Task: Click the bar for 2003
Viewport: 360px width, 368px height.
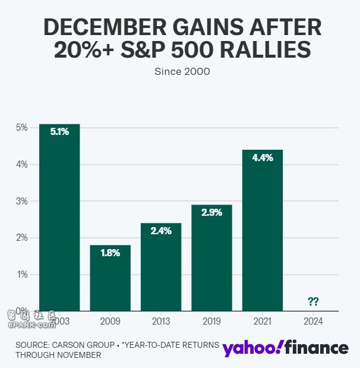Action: [59, 217]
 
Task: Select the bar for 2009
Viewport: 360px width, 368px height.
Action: [110, 278]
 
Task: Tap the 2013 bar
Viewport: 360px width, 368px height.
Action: [161, 267]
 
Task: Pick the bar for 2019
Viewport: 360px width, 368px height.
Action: [211, 257]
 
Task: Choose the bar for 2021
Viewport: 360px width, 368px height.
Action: [263, 230]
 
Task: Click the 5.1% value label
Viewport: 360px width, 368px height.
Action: [59, 132]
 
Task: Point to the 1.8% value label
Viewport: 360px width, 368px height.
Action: [110, 253]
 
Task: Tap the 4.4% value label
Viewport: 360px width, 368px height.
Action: [263, 158]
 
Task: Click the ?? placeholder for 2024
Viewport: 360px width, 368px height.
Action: [313, 301]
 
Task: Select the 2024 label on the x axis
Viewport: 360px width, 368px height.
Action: [313, 321]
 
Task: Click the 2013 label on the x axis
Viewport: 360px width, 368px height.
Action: [161, 321]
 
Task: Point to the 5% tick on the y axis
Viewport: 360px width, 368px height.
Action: [22, 127]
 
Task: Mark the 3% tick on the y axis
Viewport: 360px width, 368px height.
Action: [22, 201]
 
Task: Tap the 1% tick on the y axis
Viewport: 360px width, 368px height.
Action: [22, 274]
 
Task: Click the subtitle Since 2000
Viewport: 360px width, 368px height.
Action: [182, 72]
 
